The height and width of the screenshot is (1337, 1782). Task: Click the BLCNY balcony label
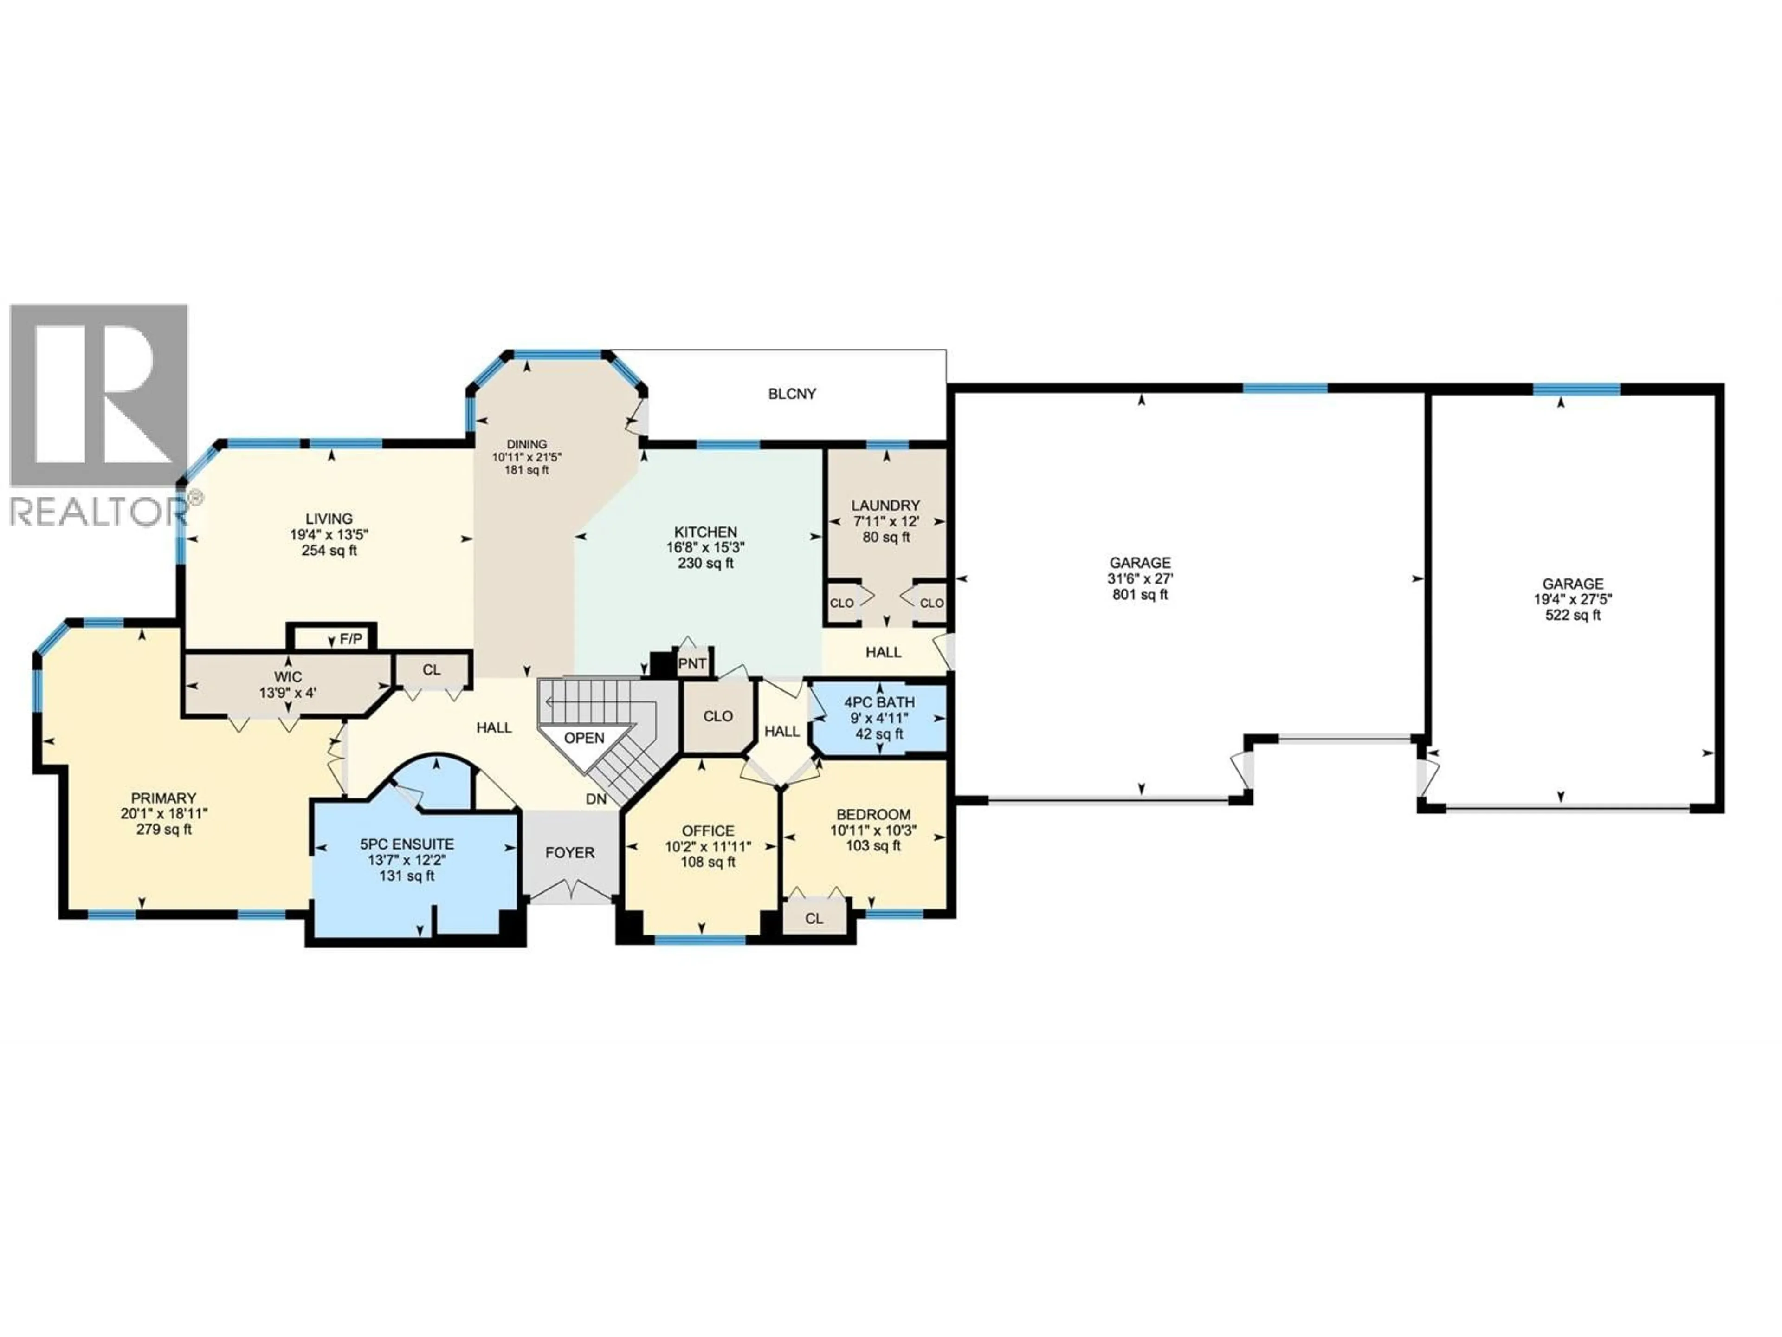[792, 394]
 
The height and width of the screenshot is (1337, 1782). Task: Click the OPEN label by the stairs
[584, 738]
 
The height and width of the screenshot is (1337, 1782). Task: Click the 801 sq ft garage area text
[1140, 595]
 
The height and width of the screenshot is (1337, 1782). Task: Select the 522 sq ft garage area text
[1573, 616]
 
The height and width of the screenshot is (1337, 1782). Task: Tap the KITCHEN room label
[706, 532]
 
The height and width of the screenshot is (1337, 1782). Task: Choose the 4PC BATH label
[879, 703]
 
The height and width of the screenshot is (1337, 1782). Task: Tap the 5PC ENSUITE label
[407, 844]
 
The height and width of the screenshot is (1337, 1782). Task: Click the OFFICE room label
[708, 831]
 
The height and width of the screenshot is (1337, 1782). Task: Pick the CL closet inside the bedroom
[814, 919]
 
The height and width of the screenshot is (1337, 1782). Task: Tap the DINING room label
[527, 444]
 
